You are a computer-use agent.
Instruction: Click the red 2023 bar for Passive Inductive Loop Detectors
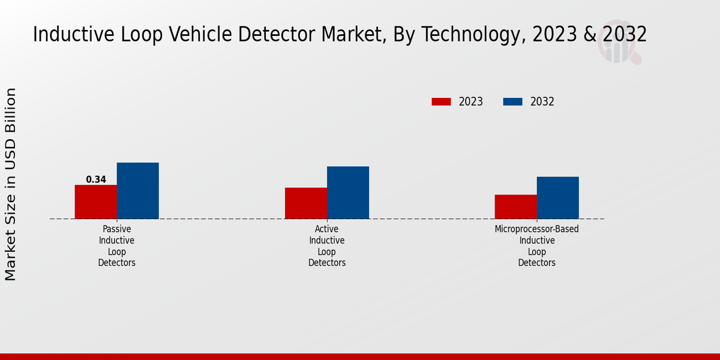95,202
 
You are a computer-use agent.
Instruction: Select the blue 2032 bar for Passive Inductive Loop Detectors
138,191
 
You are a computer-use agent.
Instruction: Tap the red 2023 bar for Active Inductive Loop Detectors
306,203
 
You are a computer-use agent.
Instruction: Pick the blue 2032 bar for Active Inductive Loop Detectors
348,193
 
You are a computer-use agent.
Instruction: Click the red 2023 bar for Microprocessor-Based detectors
515,206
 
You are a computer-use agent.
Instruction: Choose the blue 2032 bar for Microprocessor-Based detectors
558,197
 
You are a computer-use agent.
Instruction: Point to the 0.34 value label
96,179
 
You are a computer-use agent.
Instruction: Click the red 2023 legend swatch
441,101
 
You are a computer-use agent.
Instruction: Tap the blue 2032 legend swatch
512,101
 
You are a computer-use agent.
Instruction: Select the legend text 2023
471,101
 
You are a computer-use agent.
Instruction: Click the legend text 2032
542,101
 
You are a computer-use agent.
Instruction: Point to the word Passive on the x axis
117,229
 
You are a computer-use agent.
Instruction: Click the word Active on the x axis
327,229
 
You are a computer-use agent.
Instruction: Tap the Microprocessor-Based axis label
537,229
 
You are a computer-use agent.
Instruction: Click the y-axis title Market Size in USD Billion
11,184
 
